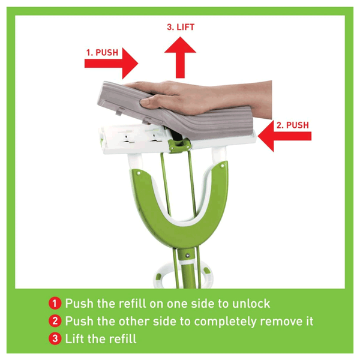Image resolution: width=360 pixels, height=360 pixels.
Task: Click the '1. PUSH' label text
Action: (x=102, y=53)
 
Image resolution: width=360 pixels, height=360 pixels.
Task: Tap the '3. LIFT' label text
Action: (x=181, y=27)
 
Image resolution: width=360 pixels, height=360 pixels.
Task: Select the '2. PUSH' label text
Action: (x=293, y=125)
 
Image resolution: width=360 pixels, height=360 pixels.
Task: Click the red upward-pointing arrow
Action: (x=180, y=58)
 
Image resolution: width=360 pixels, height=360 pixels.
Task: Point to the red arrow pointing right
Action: (x=112, y=64)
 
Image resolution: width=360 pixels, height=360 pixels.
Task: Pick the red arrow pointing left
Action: (x=284, y=136)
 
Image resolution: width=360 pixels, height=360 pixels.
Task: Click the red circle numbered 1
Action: (x=55, y=303)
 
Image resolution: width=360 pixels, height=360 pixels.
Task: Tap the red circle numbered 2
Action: (x=55, y=321)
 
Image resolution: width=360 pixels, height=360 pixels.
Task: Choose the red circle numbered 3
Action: (x=55, y=338)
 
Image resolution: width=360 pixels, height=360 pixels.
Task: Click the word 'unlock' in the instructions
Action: (x=251, y=304)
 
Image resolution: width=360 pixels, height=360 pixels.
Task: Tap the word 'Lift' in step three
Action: (x=74, y=338)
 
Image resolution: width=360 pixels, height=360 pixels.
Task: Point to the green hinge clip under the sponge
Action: (x=179, y=146)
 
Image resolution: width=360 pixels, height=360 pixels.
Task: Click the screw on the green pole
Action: (x=188, y=255)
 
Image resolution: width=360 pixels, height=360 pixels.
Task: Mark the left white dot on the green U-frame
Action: (x=139, y=173)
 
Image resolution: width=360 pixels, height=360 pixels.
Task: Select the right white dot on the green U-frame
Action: (x=222, y=166)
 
